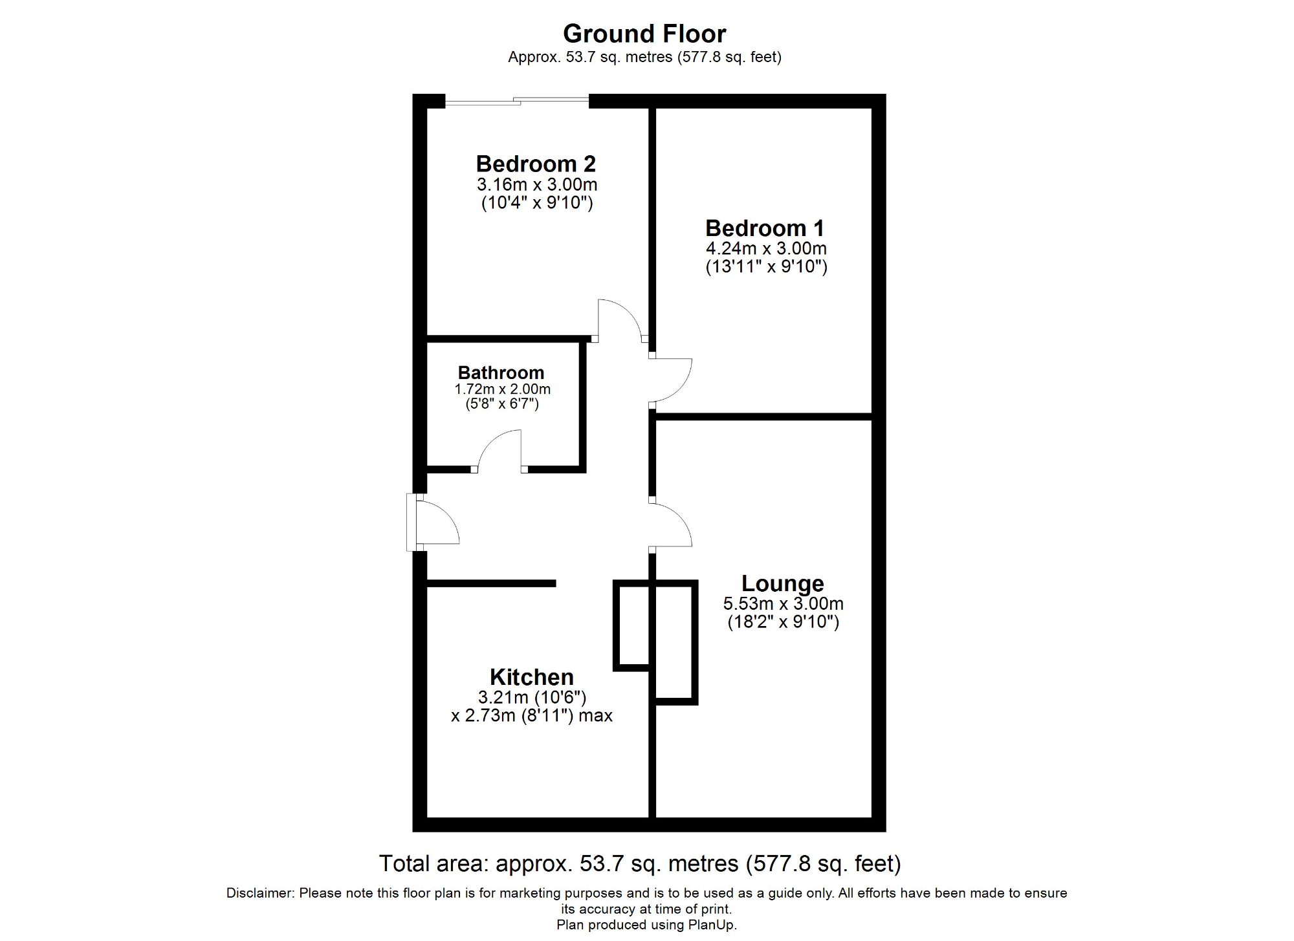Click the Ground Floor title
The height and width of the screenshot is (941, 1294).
coord(644,34)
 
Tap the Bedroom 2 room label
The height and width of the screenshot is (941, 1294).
coord(536,164)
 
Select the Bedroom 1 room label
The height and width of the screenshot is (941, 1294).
coord(765,228)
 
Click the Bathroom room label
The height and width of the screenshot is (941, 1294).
coord(501,373)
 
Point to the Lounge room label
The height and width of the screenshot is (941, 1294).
coord(782,583)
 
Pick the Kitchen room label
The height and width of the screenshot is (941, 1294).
coord(531,677)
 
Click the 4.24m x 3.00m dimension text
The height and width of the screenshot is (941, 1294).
coord(766,248)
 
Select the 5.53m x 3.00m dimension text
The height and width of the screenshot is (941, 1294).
coord(783,603)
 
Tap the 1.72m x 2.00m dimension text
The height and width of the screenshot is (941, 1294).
coord(502,389)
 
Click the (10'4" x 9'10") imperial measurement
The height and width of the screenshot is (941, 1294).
coord(537,203)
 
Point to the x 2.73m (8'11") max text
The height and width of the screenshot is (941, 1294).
coord(531,716)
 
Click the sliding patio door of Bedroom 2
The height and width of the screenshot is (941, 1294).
coord(517,101)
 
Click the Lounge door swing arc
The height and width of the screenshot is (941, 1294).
coord(672,525)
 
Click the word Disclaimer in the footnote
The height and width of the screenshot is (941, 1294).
coord(258,893)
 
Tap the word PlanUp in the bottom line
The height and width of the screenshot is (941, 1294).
coord(712,925)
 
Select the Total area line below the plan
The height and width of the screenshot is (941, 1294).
coord(639,863)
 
